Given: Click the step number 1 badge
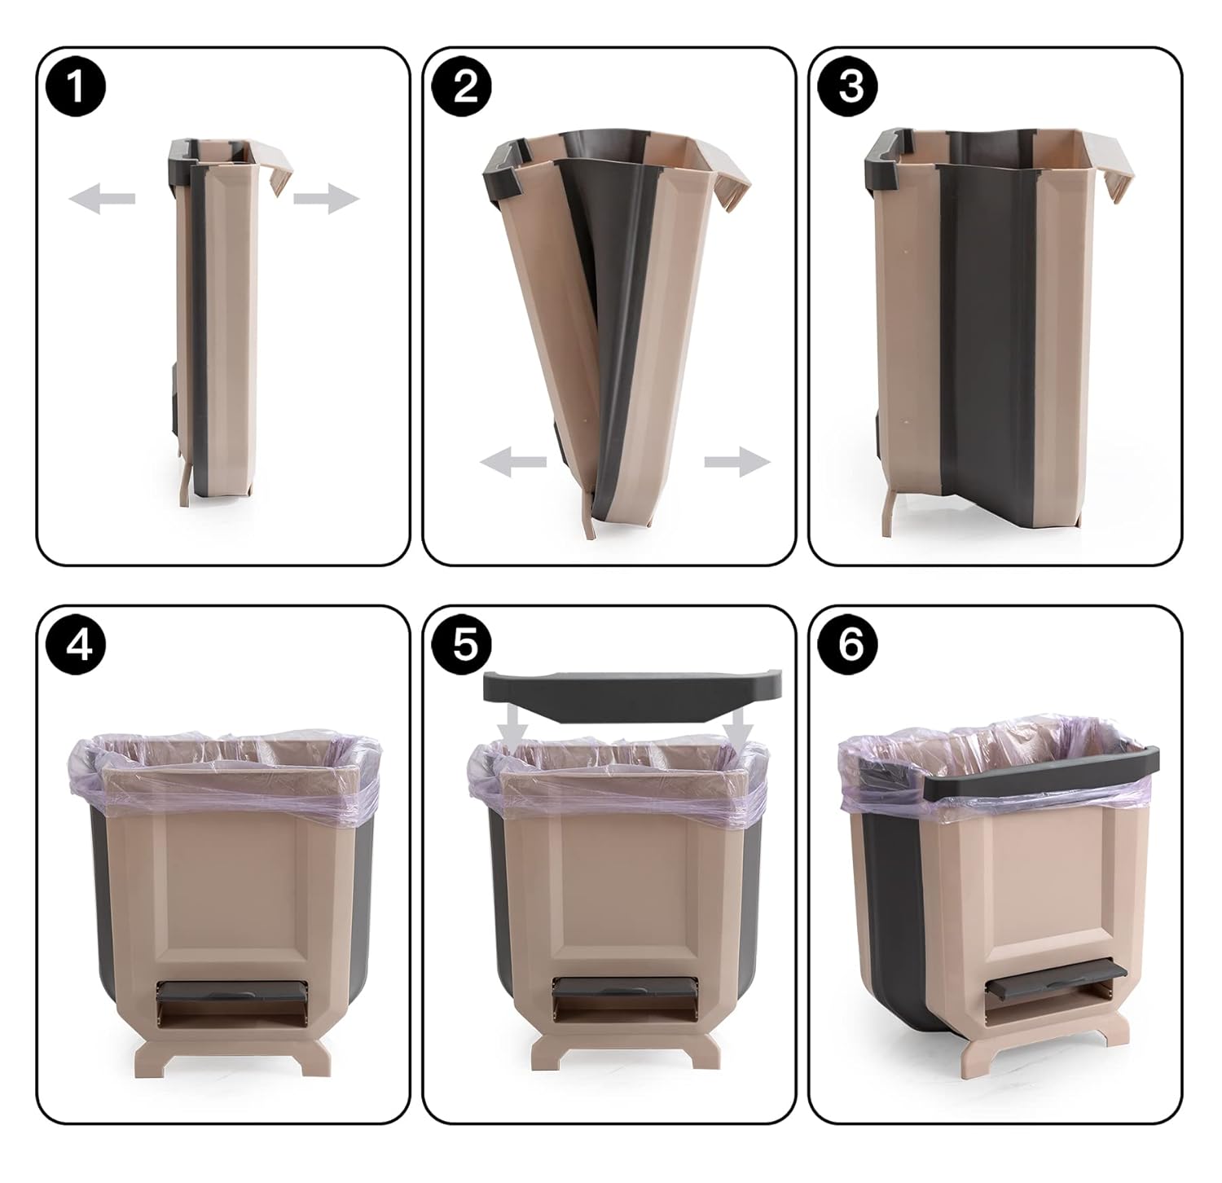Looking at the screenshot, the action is click(77, 86).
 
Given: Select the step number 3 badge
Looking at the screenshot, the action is click(851, 86).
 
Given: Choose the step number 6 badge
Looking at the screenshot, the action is click(851, 645).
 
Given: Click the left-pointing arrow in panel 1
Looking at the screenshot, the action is click(101, 198).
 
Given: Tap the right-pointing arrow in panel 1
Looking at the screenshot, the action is click(326, 198).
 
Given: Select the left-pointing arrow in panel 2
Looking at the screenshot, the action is click(512, 463).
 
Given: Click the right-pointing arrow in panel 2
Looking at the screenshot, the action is click(737, 463).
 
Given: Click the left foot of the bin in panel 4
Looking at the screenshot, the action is click(155, 1060).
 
